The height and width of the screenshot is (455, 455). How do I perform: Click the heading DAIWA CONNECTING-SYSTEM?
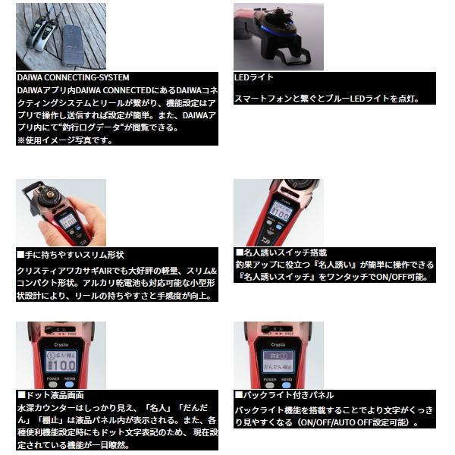tap(73, 77)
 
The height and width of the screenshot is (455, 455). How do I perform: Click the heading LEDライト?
tap(255, 77)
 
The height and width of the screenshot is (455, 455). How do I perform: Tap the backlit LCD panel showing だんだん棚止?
tap(278, 360)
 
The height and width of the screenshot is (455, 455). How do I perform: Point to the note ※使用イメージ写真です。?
tap(64, 140)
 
